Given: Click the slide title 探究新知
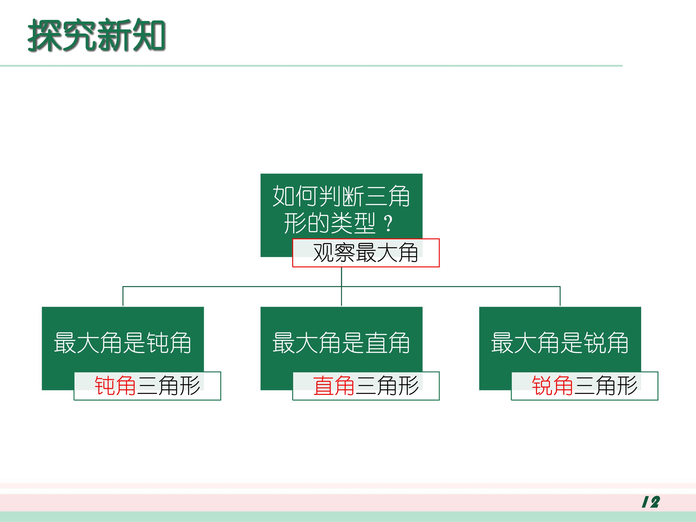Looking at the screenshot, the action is coord(97,35).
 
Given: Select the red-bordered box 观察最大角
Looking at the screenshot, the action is coord(366,253).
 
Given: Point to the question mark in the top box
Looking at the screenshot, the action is coord(389,223).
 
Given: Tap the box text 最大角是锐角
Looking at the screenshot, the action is coord(560,343).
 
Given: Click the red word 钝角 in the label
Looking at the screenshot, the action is coord(115,385).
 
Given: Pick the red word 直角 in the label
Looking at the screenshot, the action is coord(334,385).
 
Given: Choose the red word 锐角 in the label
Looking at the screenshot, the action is coord(552,385).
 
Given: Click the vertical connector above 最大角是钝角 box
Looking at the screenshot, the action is coord(123,296).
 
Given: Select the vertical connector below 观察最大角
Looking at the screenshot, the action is coord(341,287).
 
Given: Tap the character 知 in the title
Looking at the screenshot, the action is coord(149,35).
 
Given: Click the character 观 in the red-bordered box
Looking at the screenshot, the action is coord(323,253).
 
